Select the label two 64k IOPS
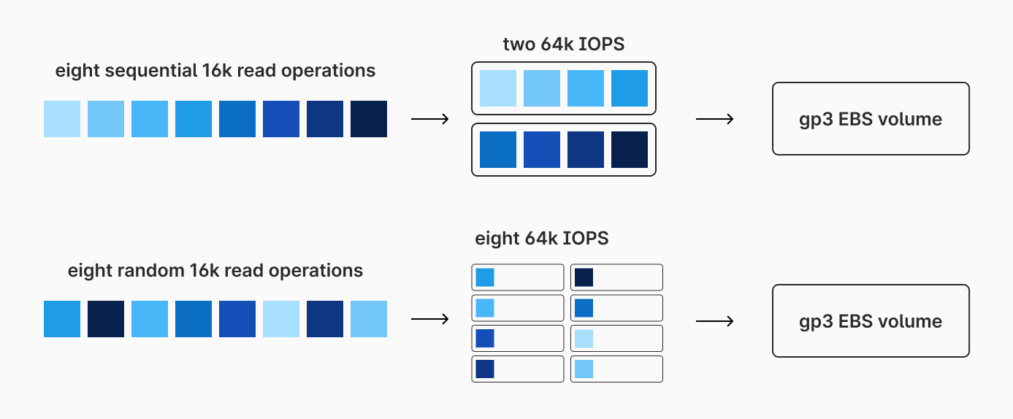[x=563, y=45]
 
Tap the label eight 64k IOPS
[x=541, y=239]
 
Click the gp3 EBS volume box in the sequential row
[x=870, y=119]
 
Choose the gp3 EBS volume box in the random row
[x=870, y=321]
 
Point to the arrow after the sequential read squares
[x=429, y=119]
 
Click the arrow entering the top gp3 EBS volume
[x=714, y=119]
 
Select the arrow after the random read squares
[x=429, y=319]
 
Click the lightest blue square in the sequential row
[x=62, y=119]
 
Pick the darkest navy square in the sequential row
[x=369, y=119]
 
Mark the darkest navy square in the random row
[x=106, y=319]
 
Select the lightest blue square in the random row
[x=281, y=319]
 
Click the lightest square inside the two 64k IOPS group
[x=498, y=88]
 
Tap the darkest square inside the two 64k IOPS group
[x=630, y=150]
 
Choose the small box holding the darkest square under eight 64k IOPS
[x=616, y=277]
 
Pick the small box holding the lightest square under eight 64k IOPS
[x=616, y=339]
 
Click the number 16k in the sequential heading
[x=218, y=71]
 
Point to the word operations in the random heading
[x=316, y=271]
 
